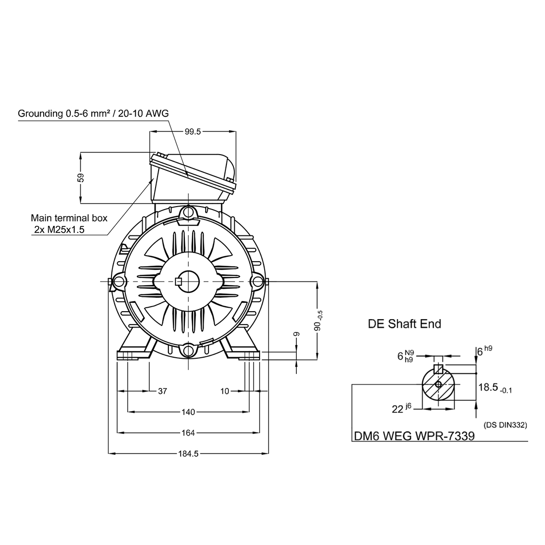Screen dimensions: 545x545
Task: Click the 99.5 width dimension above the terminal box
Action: (193, 131)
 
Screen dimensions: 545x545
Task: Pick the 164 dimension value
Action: (188, 433)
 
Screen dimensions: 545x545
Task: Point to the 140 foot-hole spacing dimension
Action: (188, 411)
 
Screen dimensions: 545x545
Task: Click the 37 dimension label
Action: (162, 391)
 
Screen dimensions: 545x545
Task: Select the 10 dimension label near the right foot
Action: (225, 391)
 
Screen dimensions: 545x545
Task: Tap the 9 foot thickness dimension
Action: (296, 334)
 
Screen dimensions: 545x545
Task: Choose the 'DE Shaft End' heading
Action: (404, 324)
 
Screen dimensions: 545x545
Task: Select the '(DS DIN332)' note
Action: (504, 425)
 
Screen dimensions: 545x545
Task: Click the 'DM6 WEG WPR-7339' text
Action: (414, 436)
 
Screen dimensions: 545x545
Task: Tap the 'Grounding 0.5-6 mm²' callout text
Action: (93, 113)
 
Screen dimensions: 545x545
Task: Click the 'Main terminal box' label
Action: (69, 218)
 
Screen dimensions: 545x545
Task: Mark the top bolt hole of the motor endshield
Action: (188, 212)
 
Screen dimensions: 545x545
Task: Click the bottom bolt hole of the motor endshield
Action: (188, 350)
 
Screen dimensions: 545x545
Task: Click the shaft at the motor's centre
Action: (188, 281)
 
